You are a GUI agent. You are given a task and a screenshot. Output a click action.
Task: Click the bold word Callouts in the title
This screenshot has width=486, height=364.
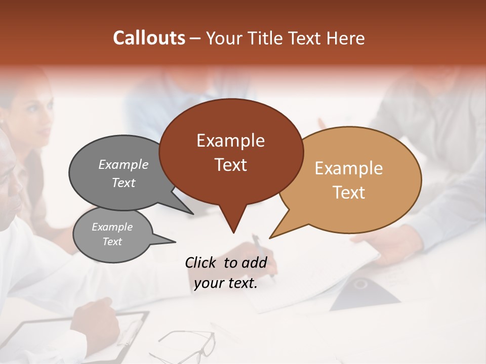coord(149,38)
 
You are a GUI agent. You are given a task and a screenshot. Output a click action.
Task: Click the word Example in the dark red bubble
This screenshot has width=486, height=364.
coord(230,141)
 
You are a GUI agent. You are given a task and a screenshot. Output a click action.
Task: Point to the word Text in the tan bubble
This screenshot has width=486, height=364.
coord(349,193)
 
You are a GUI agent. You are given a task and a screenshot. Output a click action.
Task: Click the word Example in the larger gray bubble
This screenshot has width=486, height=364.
coord(123,164)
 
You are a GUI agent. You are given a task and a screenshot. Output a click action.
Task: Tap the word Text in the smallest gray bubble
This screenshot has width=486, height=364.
coord(112,242)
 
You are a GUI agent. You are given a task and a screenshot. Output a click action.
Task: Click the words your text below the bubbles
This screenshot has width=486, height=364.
coord(225,283)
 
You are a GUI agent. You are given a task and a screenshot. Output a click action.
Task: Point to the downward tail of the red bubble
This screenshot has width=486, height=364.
coord(233,225)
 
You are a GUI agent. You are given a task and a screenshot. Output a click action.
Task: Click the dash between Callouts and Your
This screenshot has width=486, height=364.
coord(196,38)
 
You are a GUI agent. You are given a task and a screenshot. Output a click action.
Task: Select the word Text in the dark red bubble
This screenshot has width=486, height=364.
coord(230,165)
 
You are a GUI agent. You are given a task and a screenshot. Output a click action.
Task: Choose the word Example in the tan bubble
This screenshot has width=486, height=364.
coord(349,168)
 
